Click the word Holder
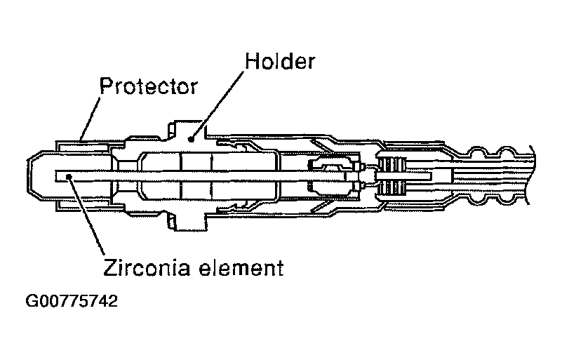279,62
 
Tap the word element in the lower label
241,267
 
